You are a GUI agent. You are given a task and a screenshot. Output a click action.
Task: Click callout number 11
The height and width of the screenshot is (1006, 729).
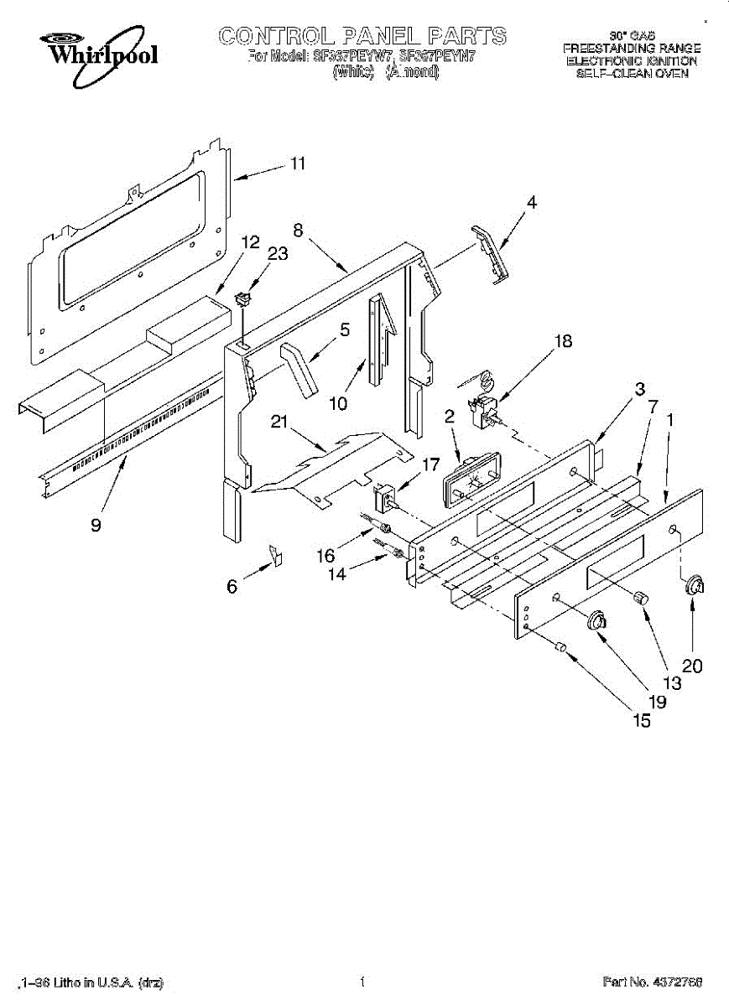[x=297, y=163]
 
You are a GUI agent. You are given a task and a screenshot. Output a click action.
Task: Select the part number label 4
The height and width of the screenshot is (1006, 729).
[x=532, y=202]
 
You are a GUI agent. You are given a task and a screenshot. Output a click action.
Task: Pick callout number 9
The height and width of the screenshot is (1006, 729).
[x=96, y=526]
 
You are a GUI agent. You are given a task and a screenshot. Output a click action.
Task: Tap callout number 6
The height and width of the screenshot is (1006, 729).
[x=232, y=587]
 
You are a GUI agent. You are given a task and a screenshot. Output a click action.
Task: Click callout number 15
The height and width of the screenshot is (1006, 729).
[x=641, y=720]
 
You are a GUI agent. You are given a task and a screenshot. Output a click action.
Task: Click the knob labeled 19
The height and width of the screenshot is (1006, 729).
[x=597, y=620]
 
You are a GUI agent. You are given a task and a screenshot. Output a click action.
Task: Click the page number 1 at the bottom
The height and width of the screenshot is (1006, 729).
[x=362, y=981]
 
